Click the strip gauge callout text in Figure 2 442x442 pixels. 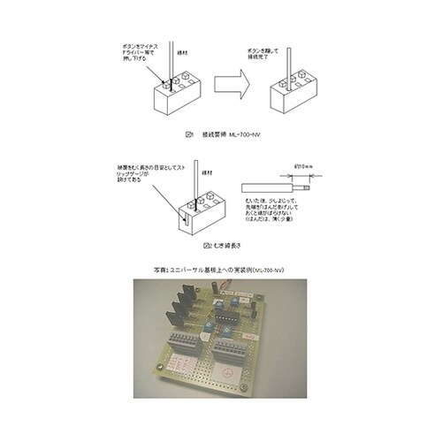pyautogui.click(x=134, y=171)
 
